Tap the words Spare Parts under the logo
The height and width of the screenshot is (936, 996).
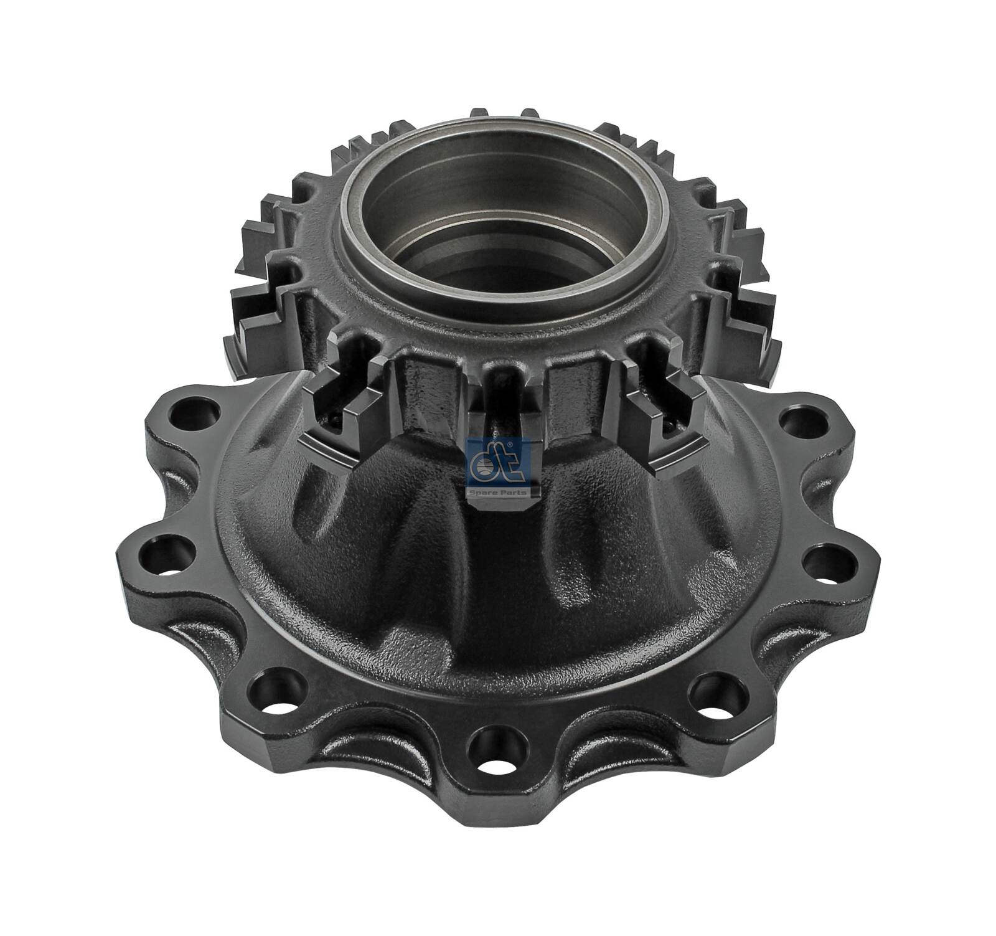point(498,493)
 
